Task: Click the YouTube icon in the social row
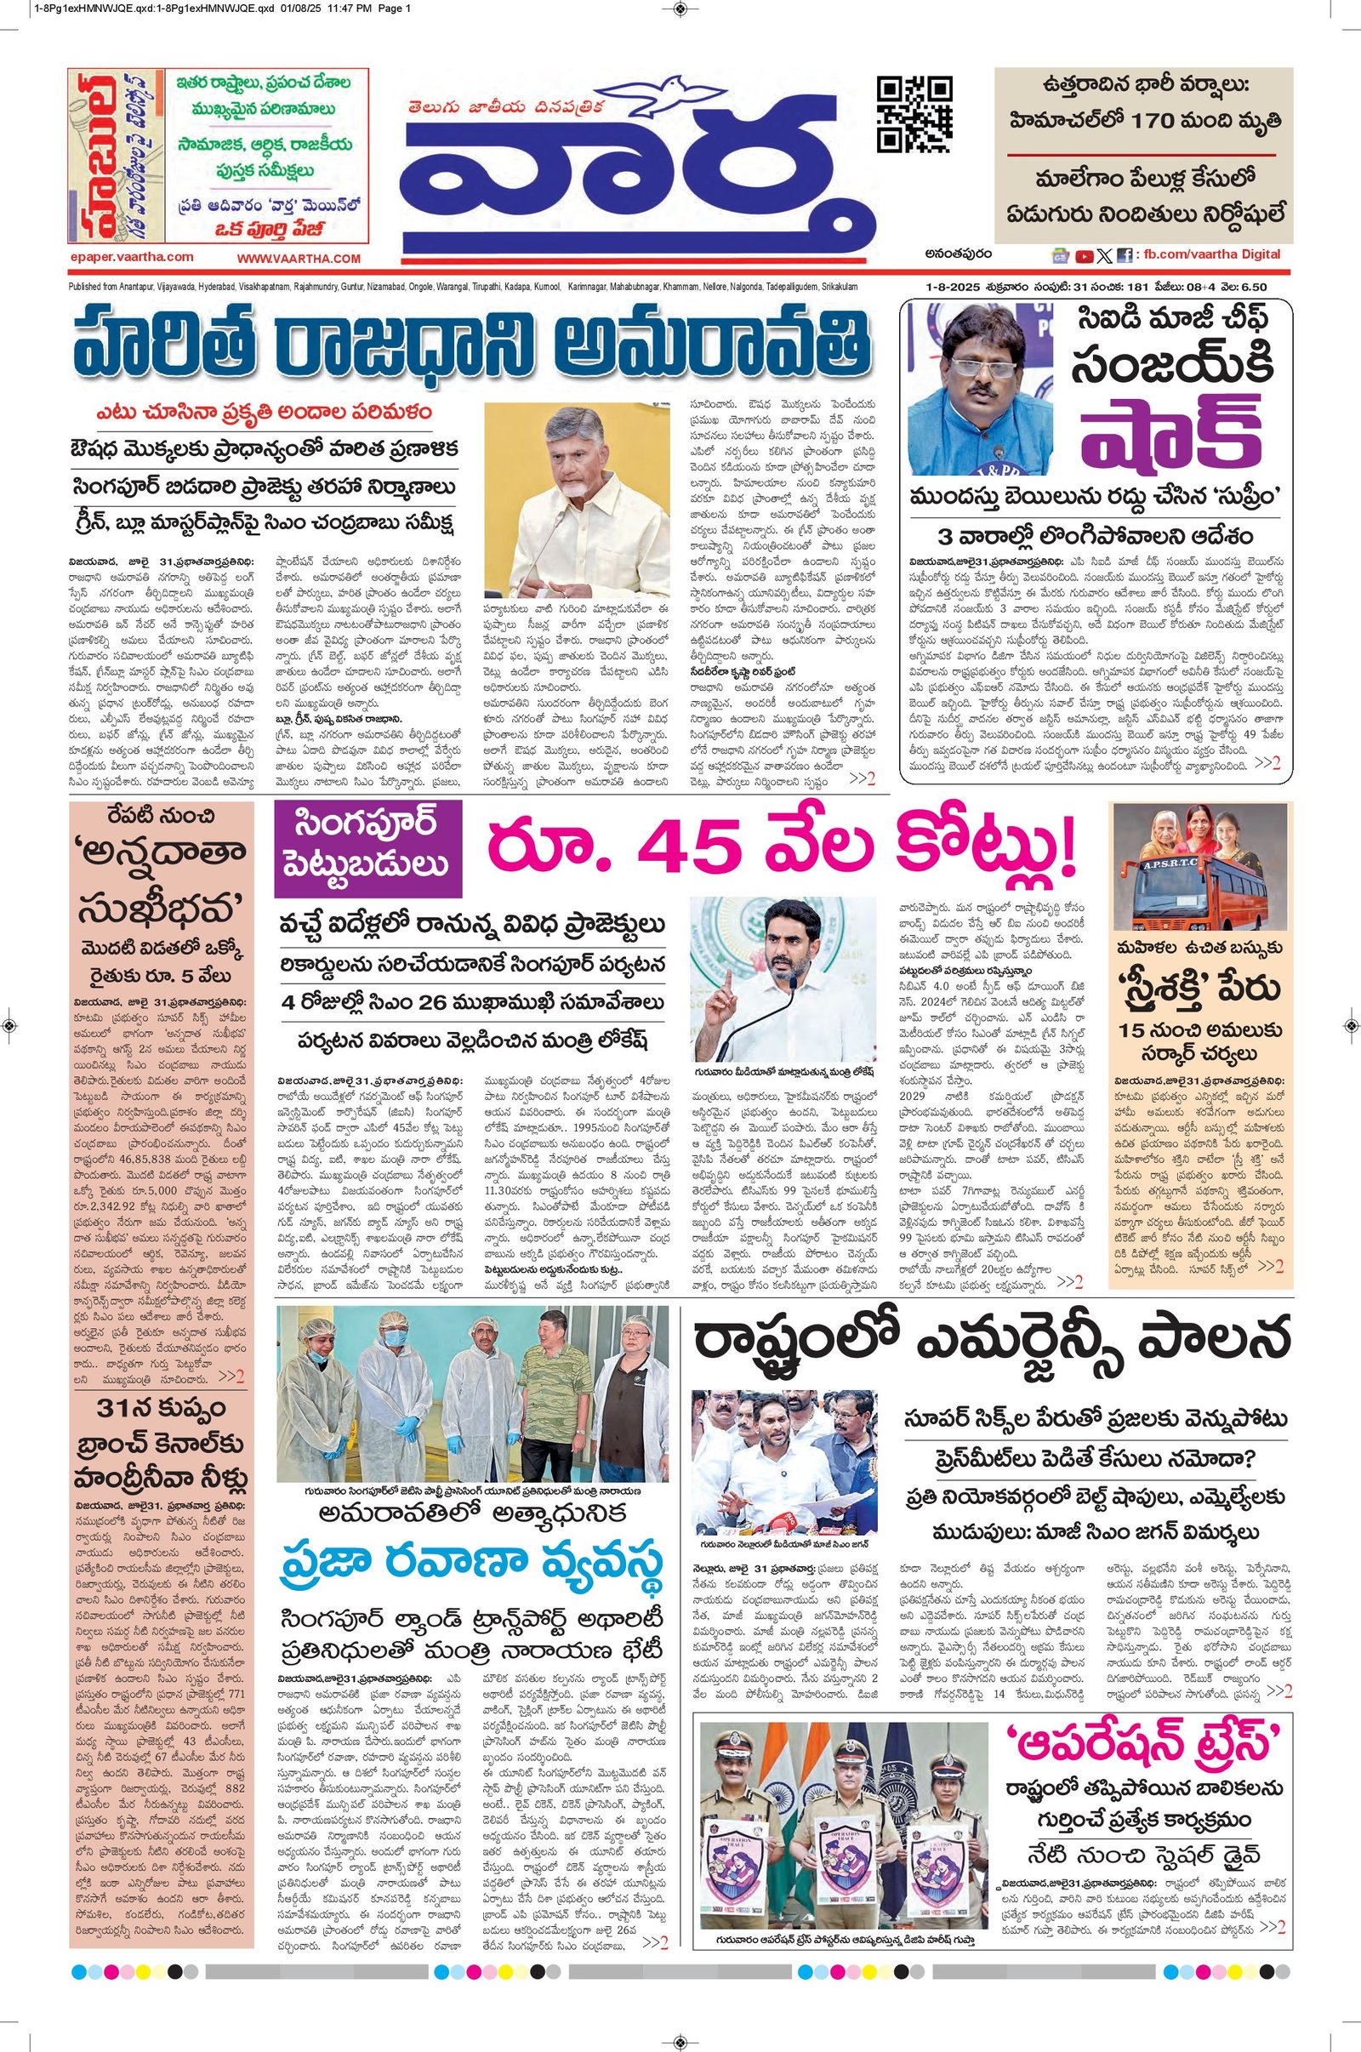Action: [x=1084, y=256]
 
